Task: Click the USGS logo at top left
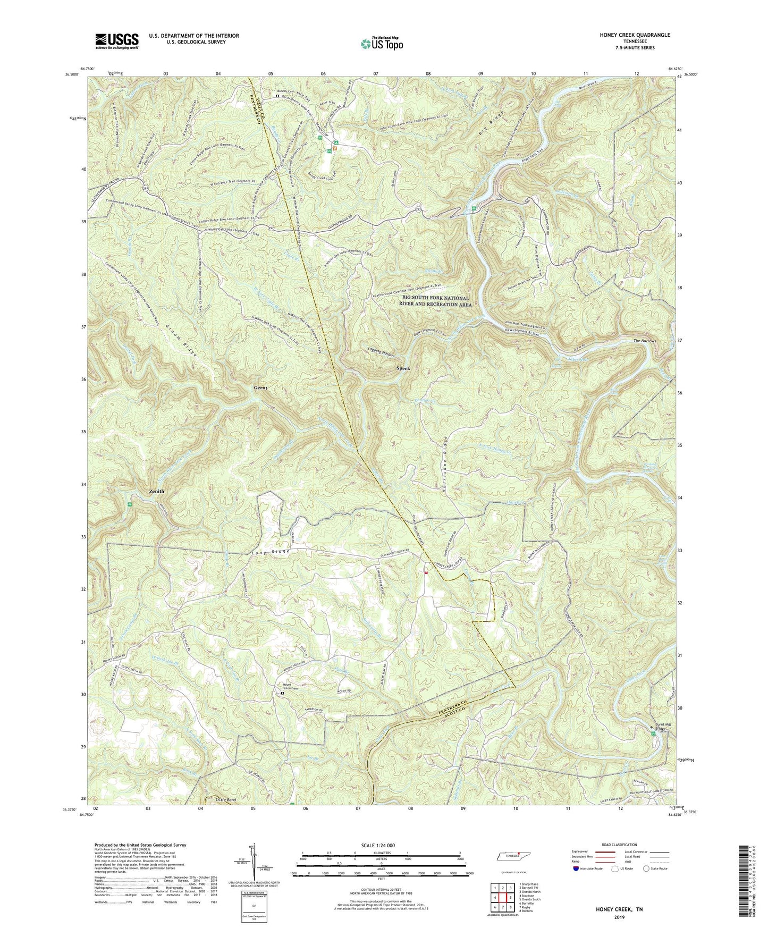pos(117,41)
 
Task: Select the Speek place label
pos(403,368)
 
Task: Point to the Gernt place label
pos(260,388)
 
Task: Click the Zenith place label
pos(153,491)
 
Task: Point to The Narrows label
pos(645,341)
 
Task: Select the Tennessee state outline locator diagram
pos(513,856)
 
